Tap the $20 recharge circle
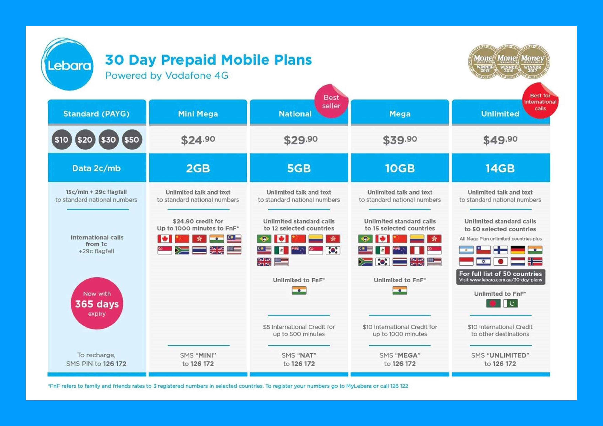pyautogui.click(x=85, y=140)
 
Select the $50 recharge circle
pyautogui.click(x=132, y=140)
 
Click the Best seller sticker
pyautogui.click(x=331, y=101)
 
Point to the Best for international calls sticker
pyautogui.click(x=540, y=101)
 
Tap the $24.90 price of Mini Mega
pyautogui.click(x=198, y=140)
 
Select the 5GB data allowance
pyautogui.click(x=299, y=168)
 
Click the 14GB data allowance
pyautogui.click(x=500, y=168)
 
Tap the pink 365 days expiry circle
pyautogui.click(x=97, y=303)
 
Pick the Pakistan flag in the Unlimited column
pyautogui.click(x=511, y=303)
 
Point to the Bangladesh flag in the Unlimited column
pyautogui.click(x=493, y=303)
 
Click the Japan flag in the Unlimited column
pyautogui.click(x=501, y=261)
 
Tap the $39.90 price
pyautogui.click(x=400, y=140)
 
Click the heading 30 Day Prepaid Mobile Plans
pyautogui.click(x=209, y=60)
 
